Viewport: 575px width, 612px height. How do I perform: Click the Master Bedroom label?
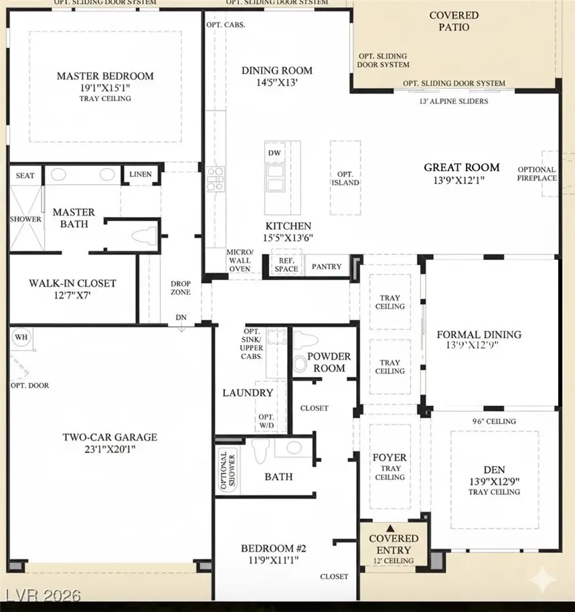click(x=105, y=76)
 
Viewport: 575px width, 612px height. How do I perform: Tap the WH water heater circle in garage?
click(x=21, y=337)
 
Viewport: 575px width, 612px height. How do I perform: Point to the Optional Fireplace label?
click(x=536, y=174)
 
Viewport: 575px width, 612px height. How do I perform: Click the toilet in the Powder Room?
click(x=301, y=363)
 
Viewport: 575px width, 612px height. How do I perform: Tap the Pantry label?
click(x=327, y=266)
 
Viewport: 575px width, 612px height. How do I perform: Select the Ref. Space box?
click(x=286, y=264)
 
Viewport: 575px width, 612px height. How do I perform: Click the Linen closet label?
click(x=141, y=175)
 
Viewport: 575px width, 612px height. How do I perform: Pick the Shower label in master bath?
click(x=25, y=219)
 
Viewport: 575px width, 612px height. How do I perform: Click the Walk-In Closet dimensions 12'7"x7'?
click(x=72, y=295)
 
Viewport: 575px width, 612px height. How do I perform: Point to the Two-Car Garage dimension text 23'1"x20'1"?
click(x=110, y=449)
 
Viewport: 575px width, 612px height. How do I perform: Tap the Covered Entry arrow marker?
click(x=394, y=529)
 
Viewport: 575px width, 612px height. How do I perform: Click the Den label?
click(x=494, y=470)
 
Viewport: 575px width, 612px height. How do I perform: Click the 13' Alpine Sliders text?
click(x=454, y=101)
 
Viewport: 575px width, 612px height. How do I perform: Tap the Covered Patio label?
click(x=454, y=21)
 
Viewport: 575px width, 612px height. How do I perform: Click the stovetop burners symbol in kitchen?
click(x=215, y=179)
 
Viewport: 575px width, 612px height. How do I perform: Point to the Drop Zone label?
click(x=181, y=288)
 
